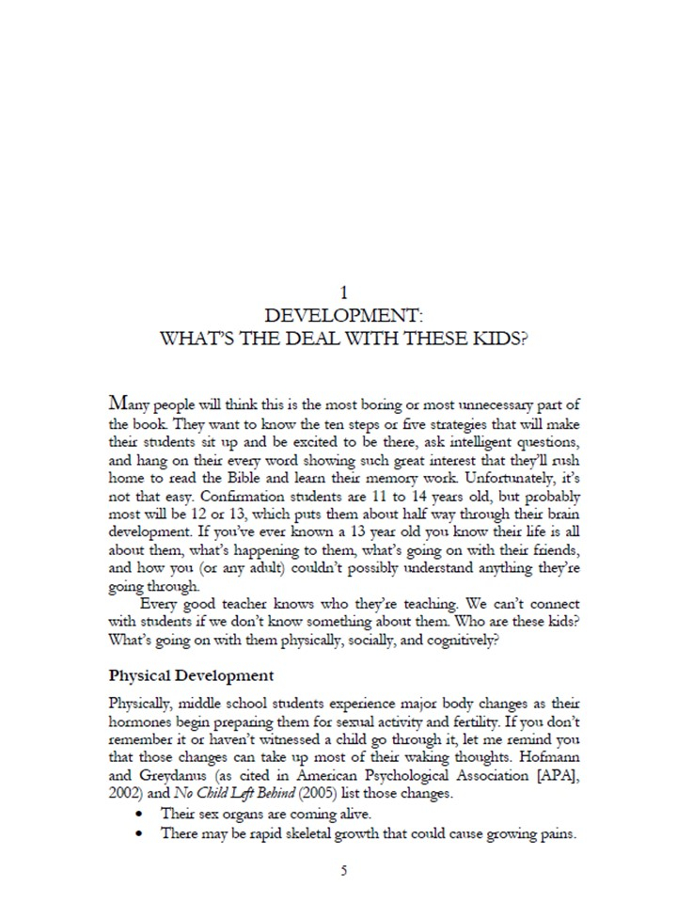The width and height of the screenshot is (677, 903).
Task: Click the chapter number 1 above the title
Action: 343,294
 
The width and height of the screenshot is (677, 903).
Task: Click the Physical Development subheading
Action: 191,675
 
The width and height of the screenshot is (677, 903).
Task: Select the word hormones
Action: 142,721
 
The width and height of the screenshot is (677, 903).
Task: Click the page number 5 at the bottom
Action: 343,870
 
